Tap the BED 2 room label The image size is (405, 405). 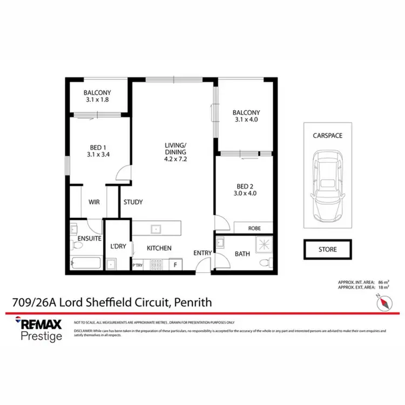click(x=243, y=189)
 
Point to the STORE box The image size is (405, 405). click(x=327, y=249)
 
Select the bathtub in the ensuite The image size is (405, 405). click(x=86, y=264)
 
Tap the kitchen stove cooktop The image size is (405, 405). click(x=157, y=265)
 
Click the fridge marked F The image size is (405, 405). click(x=175, y=265)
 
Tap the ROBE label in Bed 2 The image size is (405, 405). click(x=254, y=228)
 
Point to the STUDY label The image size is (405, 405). click(x=133, y=202)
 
